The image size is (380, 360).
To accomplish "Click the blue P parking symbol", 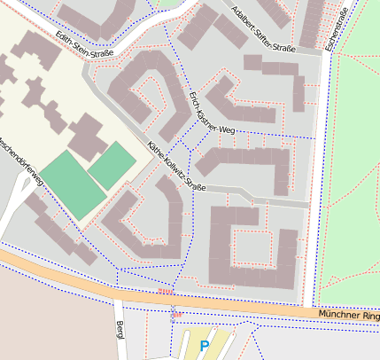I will point(205,345).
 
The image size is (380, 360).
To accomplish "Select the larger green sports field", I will point(72,184).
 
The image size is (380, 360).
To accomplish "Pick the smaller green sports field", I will point(112,165).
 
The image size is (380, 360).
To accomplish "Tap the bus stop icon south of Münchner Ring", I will point(176,314).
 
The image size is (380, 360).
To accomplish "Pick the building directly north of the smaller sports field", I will point(88,133).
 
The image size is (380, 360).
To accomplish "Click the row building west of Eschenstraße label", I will point(311,22).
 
